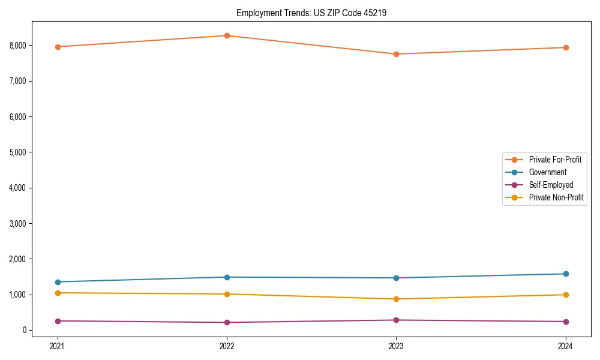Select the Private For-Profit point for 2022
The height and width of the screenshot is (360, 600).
(227, 35)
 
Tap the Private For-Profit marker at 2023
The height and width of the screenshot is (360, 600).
(396, 54)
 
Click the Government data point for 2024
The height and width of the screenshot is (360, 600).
(566, 274)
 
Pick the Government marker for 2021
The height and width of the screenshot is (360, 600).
(58, 282)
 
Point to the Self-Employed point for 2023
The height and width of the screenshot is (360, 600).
(396, 320)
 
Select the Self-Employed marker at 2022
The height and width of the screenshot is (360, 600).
(227, 322)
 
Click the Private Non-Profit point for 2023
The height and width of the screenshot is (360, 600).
(396, 299)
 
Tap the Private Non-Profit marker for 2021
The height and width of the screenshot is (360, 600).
(58, 293)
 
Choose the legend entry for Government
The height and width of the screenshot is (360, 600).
(547, 172)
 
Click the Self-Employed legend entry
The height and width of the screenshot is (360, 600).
(551, 185)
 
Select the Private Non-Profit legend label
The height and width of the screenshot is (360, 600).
(556, 197)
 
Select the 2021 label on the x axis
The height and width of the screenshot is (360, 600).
(58, 346)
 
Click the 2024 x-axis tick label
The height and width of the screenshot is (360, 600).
(566, 346)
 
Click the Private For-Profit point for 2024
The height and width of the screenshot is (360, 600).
(566, 47)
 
